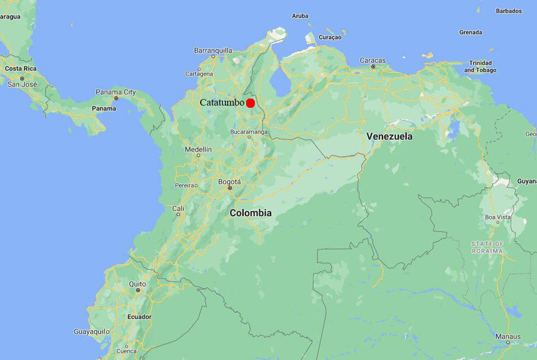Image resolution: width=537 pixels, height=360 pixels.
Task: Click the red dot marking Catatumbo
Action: click(251, 103)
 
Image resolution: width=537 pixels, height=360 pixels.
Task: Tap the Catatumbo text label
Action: click(222, 103)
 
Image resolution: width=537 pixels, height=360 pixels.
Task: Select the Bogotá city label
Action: click(229, 182)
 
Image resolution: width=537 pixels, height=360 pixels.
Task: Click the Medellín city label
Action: click(198, 150)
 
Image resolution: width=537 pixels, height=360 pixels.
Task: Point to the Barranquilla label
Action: click(213, 50)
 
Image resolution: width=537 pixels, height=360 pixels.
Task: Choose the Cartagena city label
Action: click(199, 74)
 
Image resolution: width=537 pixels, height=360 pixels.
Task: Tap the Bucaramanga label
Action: click(249, 132)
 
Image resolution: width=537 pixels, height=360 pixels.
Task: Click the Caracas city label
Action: click(373, 60)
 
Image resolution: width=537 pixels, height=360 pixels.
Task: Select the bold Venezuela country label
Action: click(389, 137)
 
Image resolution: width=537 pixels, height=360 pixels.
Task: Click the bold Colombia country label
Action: click(251, 213)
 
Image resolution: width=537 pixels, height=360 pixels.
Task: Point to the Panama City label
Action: click(115, 92)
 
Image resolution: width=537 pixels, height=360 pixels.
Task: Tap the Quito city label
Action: click(137, 284)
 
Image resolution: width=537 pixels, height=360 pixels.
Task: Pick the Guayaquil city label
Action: click(90, 331)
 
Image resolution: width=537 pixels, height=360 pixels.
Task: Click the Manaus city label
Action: click(508, 337)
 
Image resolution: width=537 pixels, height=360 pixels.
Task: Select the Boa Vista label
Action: click(498, 217)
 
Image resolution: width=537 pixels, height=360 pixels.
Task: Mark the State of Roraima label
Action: click(487, 247)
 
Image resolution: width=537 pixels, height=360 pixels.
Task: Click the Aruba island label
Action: click(300, 16)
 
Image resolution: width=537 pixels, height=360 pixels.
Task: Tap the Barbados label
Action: click(508, 11)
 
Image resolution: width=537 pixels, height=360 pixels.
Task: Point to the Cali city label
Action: click(178, 208)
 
